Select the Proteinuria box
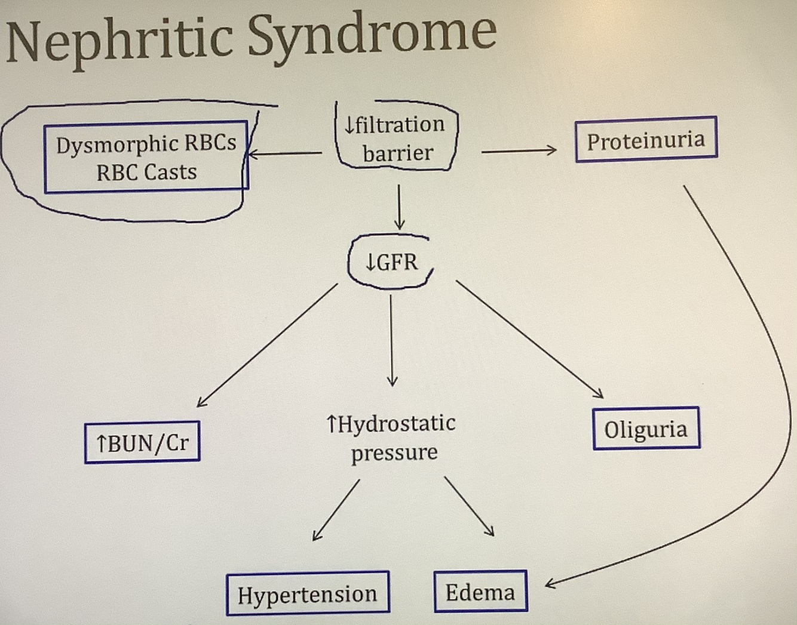pyautogui.click(x=646, y=140)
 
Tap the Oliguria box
pyautogui.click(x=646, y=429)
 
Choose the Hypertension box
pyautogui.click(x=308, y=594)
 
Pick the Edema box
pyautogui.click(x=480, y=592)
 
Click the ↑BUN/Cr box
pyautogui.click(x=142, y=443)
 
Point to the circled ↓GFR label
pyautogui.click(x=391, y=262)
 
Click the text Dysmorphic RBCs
pyautogui.click(x=146, y=144)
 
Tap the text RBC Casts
pyautogui.click(x=146, y=173)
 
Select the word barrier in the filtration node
pyautogui.click(x=397, y=153)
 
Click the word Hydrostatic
pyautogui.click(x=397, y=423)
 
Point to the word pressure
pyautogui.click(x=394, y=452)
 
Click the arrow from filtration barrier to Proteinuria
pyautogui.click(x=519, y=151)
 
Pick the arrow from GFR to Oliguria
pyautogui.click(x=529, y=338)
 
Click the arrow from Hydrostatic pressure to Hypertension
pyautogui.click(x=336, y=510)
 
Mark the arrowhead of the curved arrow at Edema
pyautogui.click(x=550, y=583)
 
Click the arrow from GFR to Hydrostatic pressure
pyautogui.click(x=391, y=340)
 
